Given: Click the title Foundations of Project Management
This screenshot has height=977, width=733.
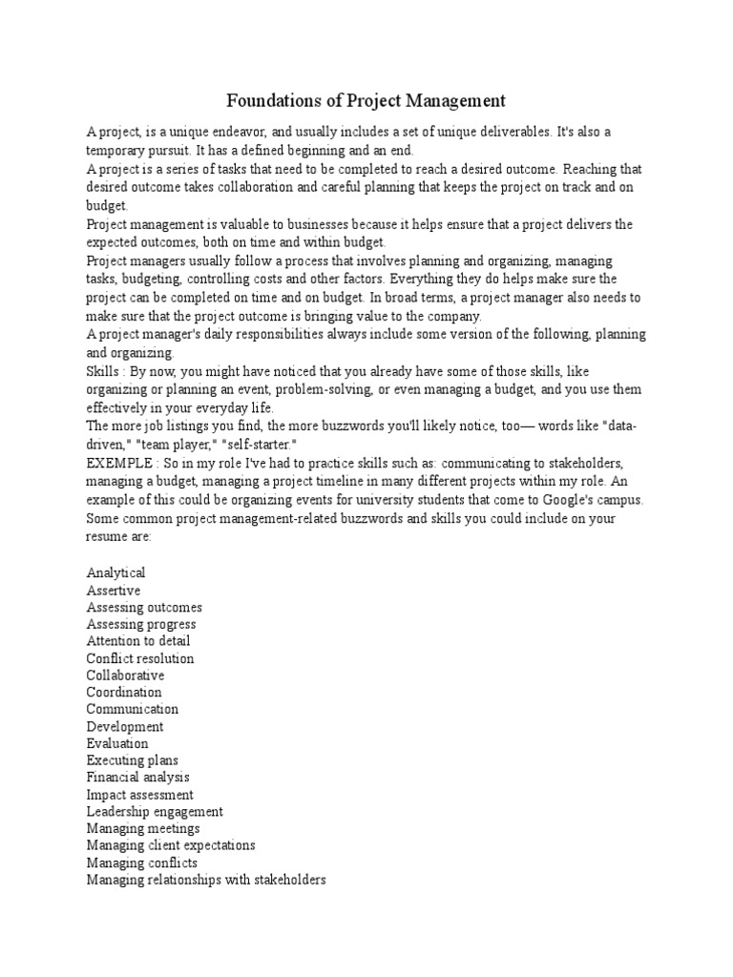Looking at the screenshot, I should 366,100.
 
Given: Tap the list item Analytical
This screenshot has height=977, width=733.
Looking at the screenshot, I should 115,572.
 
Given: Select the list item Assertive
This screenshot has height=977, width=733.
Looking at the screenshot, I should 113,590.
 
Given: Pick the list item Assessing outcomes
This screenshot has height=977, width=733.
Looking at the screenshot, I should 144,607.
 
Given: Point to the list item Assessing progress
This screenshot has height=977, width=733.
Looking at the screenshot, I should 141,624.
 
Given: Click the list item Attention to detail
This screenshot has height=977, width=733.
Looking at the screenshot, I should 138,641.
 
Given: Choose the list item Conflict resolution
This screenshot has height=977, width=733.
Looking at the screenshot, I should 139,658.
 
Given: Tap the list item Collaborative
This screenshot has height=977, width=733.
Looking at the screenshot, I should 125,676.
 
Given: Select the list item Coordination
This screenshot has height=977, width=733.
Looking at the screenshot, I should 124,693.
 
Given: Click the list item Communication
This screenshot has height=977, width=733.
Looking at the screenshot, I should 132,709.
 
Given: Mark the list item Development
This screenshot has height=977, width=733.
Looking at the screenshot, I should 124,726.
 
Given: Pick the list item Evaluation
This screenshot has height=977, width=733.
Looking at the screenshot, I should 117,743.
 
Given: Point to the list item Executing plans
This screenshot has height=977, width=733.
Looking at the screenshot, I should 132,760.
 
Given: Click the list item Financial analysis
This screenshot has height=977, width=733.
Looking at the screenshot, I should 137,778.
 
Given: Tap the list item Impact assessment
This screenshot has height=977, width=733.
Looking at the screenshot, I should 139,795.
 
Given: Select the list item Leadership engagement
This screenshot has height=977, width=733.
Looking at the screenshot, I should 155,812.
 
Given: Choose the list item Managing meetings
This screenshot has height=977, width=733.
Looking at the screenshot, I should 143,829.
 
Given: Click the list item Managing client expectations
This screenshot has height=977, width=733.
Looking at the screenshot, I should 171,845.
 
